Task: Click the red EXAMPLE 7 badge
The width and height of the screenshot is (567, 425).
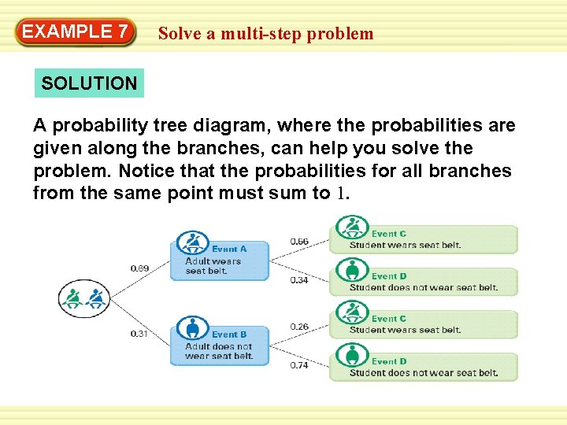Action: tap(76, 32)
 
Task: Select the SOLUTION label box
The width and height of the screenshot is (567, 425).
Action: tap(89, 83)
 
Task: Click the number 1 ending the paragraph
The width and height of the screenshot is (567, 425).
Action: tap(341, 194)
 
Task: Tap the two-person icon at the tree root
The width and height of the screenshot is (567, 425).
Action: tap(84, 298)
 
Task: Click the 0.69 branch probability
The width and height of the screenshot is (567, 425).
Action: tap(139, 269)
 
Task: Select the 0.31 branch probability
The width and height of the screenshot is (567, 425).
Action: tap(139, 334)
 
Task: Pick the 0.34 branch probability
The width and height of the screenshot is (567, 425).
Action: tap(299, 280)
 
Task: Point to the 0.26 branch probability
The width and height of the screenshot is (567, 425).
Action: tap(299, 327)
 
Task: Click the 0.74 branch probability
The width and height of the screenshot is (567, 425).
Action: tap(299, 365)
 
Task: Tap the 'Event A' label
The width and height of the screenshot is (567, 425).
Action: tap(229, 249)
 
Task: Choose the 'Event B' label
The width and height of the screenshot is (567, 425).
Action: tap(229, 334)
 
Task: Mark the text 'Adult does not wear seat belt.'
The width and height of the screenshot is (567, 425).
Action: tap(219, 351)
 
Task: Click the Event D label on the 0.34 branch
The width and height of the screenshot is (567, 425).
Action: tap(389, 276)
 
